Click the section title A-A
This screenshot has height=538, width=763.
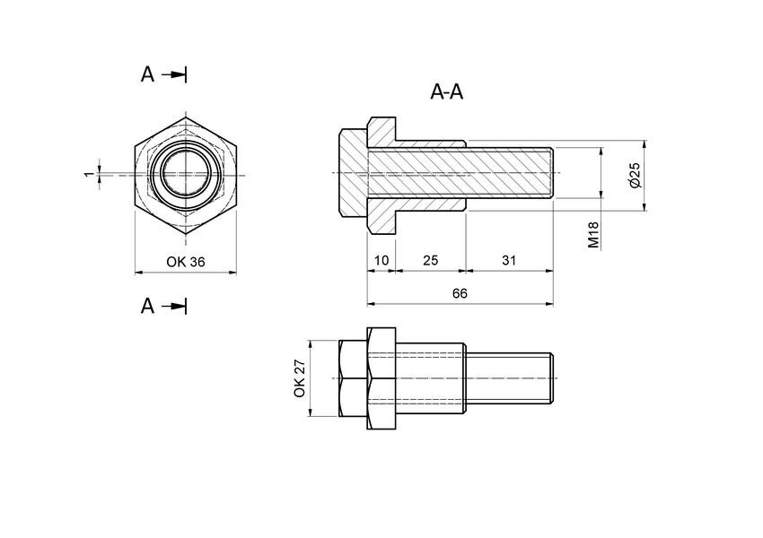tap(447, 91)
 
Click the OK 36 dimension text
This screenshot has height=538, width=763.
tap(186, 262)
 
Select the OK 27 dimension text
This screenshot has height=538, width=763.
tap(300, 378)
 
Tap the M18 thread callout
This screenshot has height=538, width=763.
tap(593, 236)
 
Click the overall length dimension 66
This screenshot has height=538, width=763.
tap(460, 293)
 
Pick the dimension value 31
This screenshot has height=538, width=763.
tap(509, 260)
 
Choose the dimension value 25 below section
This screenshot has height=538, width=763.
tap(430, 260)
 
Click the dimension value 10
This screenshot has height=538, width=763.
tap(381, 260)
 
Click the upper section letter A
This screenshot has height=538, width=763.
tap(148, 74)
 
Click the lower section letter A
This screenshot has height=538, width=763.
tap(148, 307)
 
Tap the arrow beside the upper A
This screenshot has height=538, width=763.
tap(177, 74)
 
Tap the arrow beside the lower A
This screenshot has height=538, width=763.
tap(177, 307)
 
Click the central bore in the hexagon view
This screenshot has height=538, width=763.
tap(186, 172)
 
